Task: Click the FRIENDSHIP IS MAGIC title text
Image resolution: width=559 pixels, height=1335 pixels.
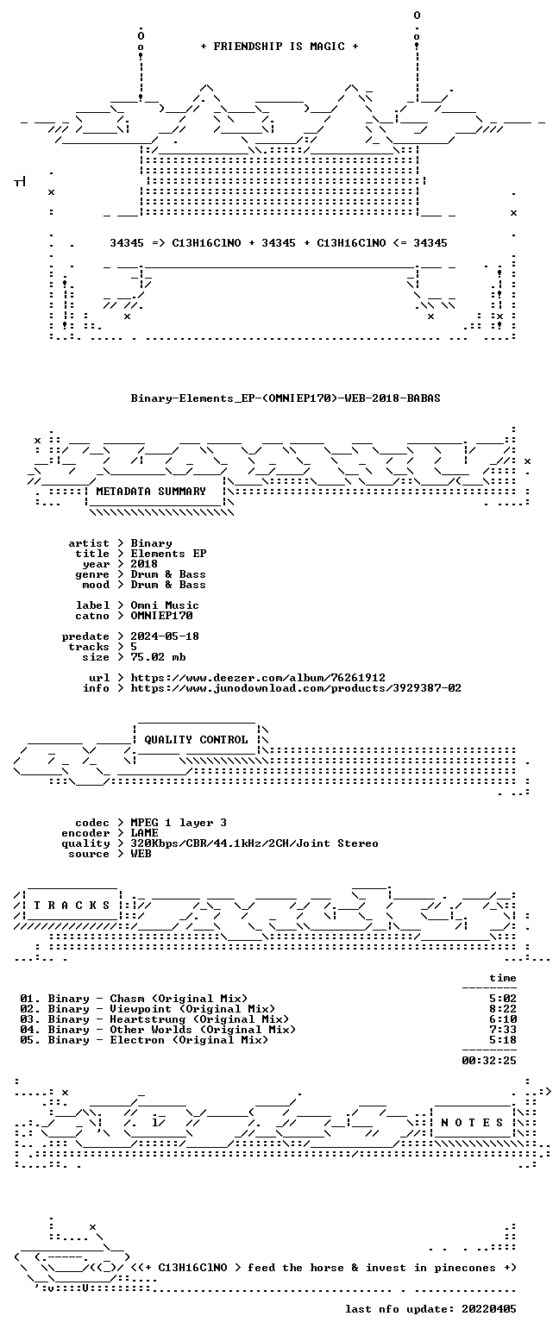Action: click(279, 47)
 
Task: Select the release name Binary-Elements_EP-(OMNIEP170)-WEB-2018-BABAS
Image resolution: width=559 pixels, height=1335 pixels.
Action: click(286, 398)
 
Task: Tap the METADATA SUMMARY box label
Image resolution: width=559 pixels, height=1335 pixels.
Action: click(151, 491)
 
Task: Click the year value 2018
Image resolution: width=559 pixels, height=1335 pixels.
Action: click(144, 564)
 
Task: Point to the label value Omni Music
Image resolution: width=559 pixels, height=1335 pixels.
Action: click(165, 605)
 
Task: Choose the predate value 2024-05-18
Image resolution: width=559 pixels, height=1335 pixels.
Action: click(165, 636)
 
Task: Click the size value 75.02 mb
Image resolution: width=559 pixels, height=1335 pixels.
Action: click(158, 657)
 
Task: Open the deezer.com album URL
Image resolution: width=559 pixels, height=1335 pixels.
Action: click(258, 678)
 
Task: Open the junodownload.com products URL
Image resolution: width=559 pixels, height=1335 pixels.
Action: click(296, 687)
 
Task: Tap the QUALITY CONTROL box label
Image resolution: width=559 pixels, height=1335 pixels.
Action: click(196, 740)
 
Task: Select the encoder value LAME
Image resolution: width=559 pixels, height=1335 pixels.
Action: click(144, 832)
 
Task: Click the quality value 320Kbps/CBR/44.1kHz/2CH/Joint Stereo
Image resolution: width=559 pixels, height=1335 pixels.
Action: click(254, 843)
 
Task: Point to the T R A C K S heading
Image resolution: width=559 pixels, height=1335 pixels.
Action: click(72, 906)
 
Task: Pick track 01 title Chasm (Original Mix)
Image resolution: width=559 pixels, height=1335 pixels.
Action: click(179, 999)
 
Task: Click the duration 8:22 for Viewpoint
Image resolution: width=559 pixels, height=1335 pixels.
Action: click(502, 1008)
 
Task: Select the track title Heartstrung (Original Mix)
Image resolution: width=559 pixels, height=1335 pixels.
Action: click(199, 1019)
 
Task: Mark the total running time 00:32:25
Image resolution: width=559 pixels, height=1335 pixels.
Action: click(488, 1060)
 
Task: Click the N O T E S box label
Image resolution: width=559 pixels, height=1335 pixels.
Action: click(471, 1122)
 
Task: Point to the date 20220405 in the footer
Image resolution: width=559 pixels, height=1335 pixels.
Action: click(488, 1309)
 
